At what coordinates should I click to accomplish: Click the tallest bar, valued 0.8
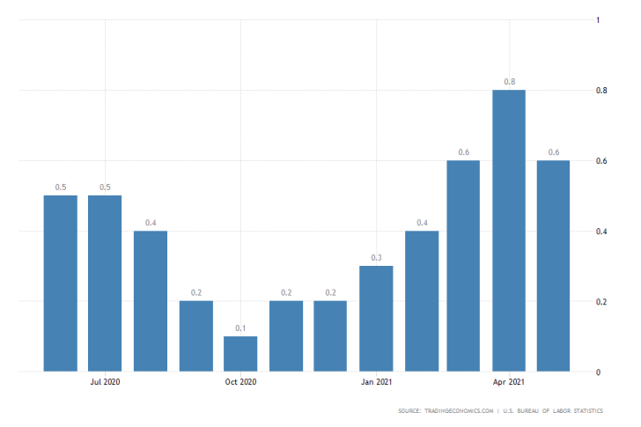click(x=509, y=231)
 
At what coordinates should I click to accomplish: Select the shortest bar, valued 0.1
click(x=240, y=354)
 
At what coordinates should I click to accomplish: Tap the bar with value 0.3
click(x=376, y=319)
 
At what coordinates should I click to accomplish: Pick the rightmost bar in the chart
click(x=554, y=266)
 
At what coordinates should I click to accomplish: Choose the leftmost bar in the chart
click(x=61, y=283)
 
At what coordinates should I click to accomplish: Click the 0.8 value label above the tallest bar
click(x=509, y=82)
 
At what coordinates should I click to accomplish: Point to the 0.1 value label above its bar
click(x=240, y=328)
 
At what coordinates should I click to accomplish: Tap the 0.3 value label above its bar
click(x=376, y=258)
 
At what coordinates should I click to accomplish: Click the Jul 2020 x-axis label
click(x=106, y=382)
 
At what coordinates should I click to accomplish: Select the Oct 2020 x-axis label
click(x=240, y=382)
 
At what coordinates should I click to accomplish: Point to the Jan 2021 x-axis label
click(x=376, y=382)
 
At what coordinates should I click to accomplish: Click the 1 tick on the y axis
click(x=599, y=20)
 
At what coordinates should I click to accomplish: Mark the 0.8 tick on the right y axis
click(x=602, y=91)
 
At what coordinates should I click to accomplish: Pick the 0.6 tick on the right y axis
click(x=602, y=161)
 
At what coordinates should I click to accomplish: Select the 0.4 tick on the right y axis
click(x=602, y=232)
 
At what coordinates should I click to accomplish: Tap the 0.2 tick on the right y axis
click(x=602, y=302)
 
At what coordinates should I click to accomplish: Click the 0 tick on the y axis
click(x=599, y=372)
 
